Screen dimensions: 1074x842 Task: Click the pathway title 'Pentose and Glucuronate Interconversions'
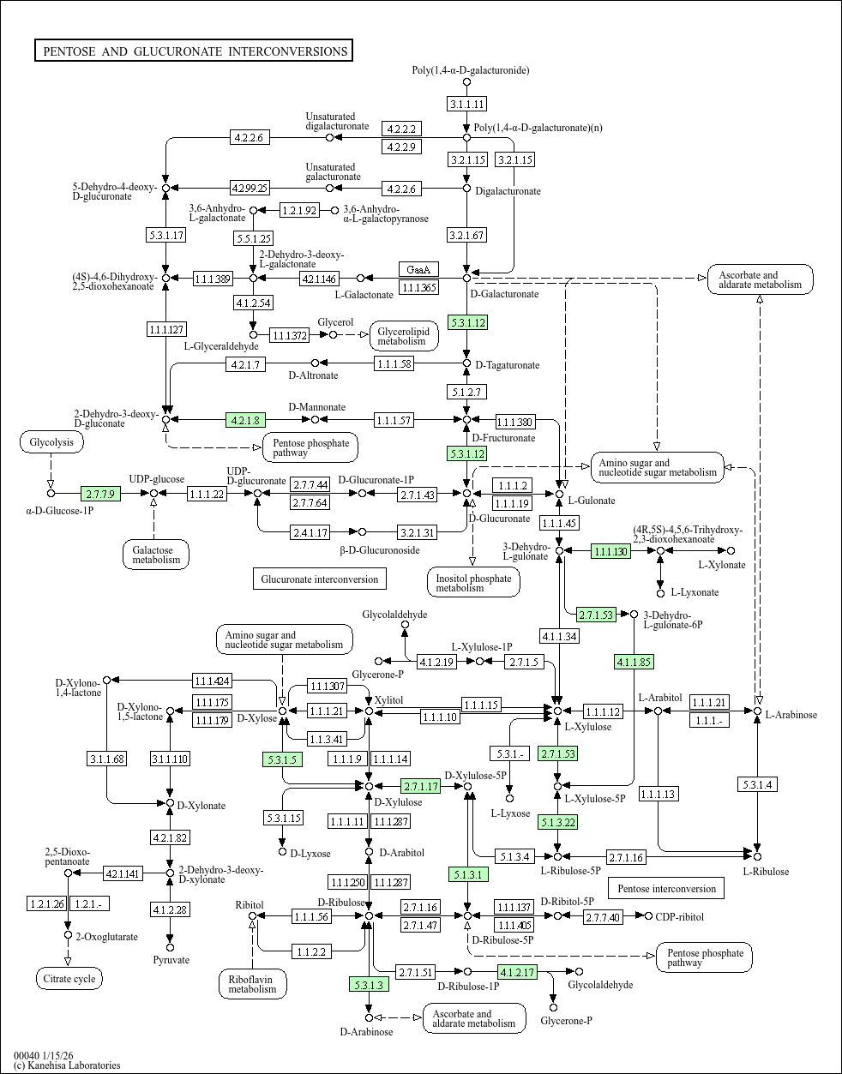(194, 51)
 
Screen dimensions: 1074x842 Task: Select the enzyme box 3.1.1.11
(466, 104)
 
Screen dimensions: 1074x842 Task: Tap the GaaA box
(418, 269)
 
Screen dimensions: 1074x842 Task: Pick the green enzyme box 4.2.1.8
(245, 419)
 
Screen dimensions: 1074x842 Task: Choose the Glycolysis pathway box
(51, 442)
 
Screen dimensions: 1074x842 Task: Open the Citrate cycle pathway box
(69, 978)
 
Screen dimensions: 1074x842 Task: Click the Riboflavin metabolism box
(252, 983)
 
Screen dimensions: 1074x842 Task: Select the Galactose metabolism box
(155, 555)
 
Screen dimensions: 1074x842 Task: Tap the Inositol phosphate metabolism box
(472, 583)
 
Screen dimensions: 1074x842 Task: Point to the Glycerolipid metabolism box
(404, 336)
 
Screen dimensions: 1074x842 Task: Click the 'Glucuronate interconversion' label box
(319, 579)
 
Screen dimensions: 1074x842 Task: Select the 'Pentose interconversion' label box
(666, 888)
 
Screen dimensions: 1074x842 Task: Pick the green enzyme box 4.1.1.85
(634, 661)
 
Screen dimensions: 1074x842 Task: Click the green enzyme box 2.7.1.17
(420, 786)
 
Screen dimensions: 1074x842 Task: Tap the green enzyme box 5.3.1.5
(282, 759)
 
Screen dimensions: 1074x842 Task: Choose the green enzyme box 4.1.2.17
(517, 971)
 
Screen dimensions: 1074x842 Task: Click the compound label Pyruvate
(171, 960)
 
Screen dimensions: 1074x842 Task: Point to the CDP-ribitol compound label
(679, 916)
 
